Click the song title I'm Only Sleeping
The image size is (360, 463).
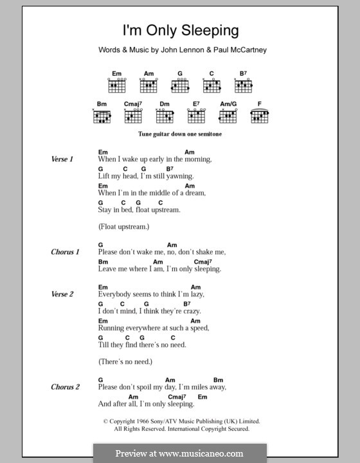click(180, 30)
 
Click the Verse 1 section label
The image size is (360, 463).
click(63, 159)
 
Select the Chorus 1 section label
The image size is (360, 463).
click(65, 252)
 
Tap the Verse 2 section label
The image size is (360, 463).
click(63, 294)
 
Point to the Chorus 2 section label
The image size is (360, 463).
click(65, 387)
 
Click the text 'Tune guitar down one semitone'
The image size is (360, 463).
click(180, 136)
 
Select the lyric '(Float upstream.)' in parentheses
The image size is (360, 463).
click(124, 226)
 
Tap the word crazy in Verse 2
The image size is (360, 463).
click(186, 311)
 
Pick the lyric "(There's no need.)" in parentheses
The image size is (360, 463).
click(125, 361)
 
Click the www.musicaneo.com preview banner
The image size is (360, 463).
click(179, 453)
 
